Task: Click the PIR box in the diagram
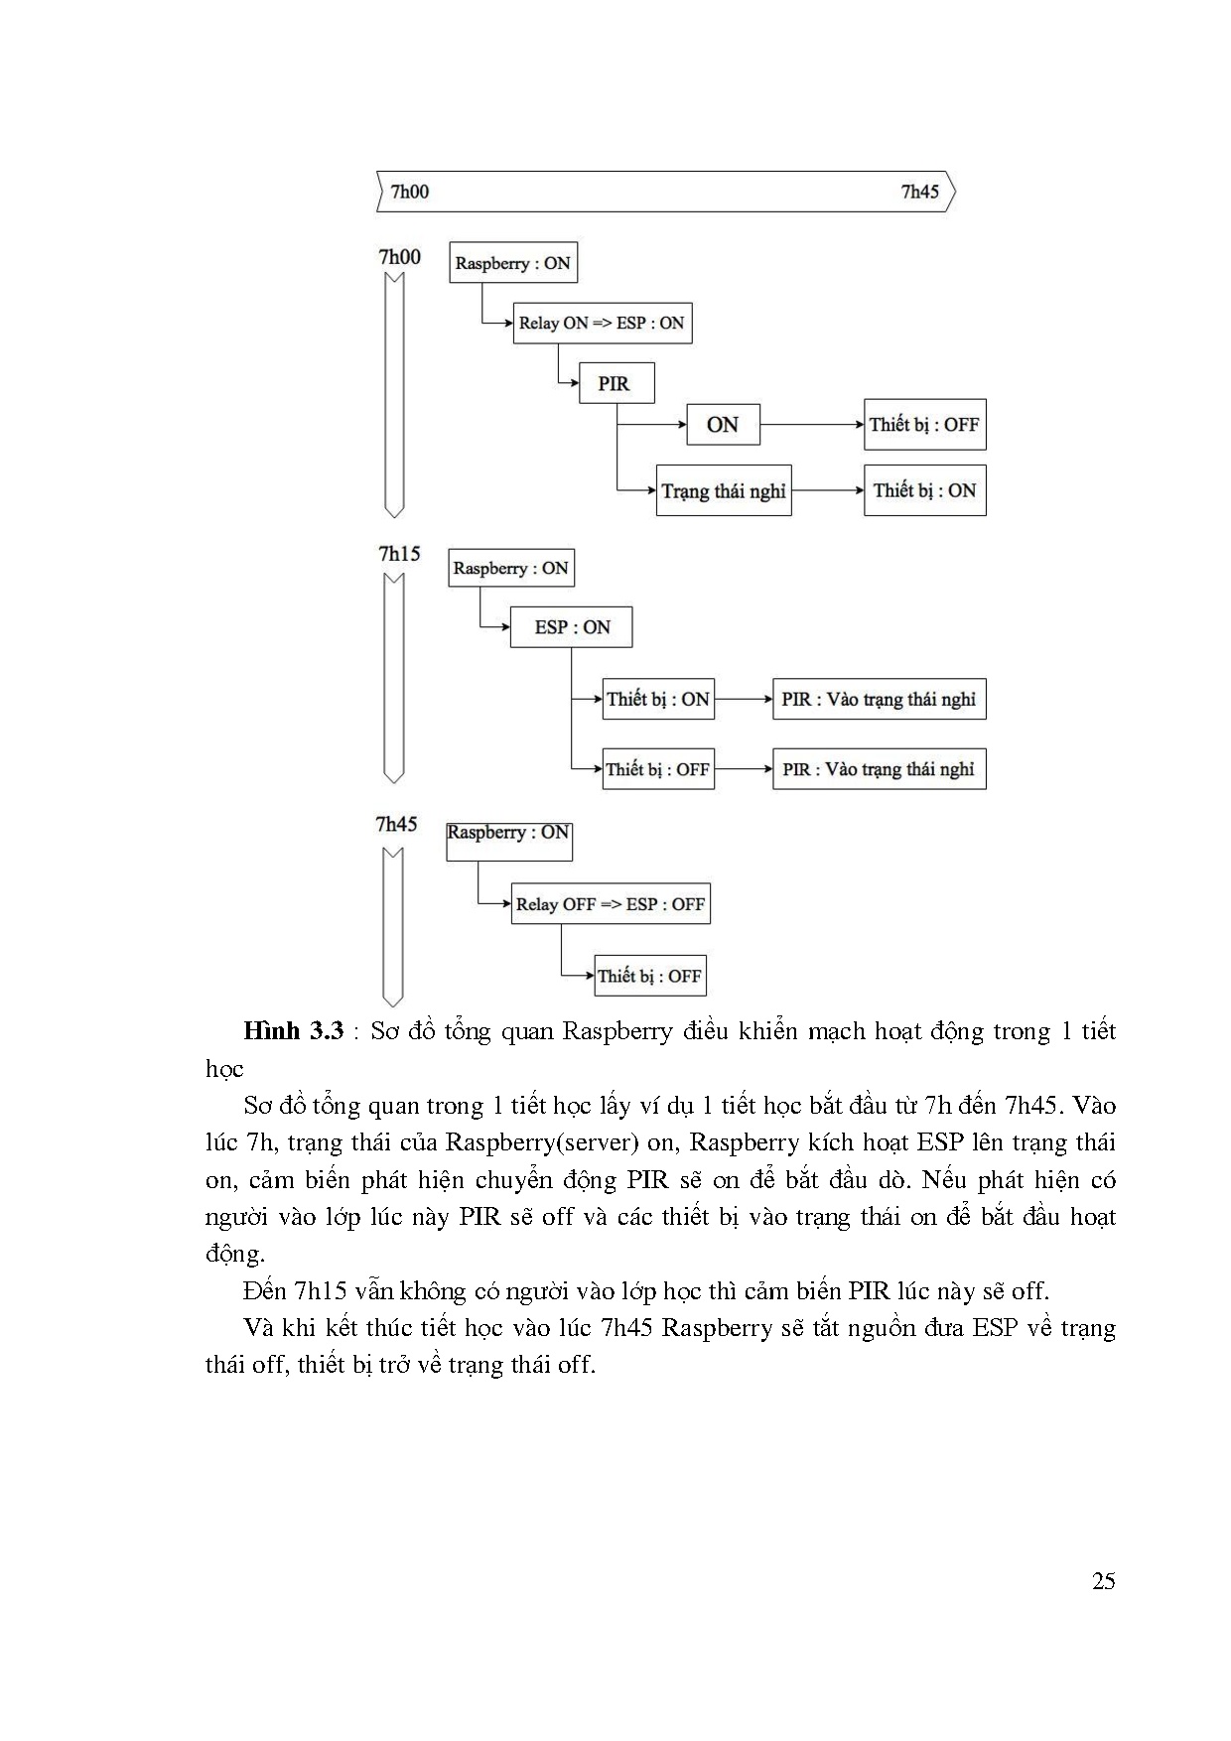click(616, 383)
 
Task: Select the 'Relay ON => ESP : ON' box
click(602, 324)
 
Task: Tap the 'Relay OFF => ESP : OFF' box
click(611, 904)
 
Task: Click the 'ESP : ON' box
click(571, 627)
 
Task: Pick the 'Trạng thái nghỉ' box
click(724, 490)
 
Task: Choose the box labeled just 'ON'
click(723, 425)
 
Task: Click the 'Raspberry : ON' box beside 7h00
click(512, 263)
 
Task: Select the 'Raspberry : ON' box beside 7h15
click(510, 568)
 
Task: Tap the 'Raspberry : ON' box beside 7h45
click(508, 834)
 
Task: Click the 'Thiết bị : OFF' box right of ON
click(924, 425)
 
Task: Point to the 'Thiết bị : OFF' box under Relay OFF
click(650, 976)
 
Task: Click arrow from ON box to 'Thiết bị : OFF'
click(812, 425)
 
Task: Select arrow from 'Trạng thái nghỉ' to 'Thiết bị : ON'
click(827, 490)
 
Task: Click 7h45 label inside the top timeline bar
click(919, 192)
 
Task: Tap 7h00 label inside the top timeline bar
click(410, 192)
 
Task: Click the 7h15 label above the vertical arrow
click(399, 554)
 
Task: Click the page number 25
click(1103, 1581)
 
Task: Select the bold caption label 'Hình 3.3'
click(293, 1030)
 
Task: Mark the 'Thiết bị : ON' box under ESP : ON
click(658, 699)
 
